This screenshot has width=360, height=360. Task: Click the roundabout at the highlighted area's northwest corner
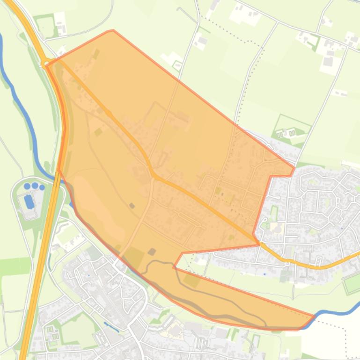tap(45, 63)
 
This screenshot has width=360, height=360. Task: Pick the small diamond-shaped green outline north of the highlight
tap(177, 65)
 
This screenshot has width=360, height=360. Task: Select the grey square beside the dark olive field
tap(152, 252)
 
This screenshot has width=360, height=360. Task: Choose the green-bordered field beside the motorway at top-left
tap(45, 25)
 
